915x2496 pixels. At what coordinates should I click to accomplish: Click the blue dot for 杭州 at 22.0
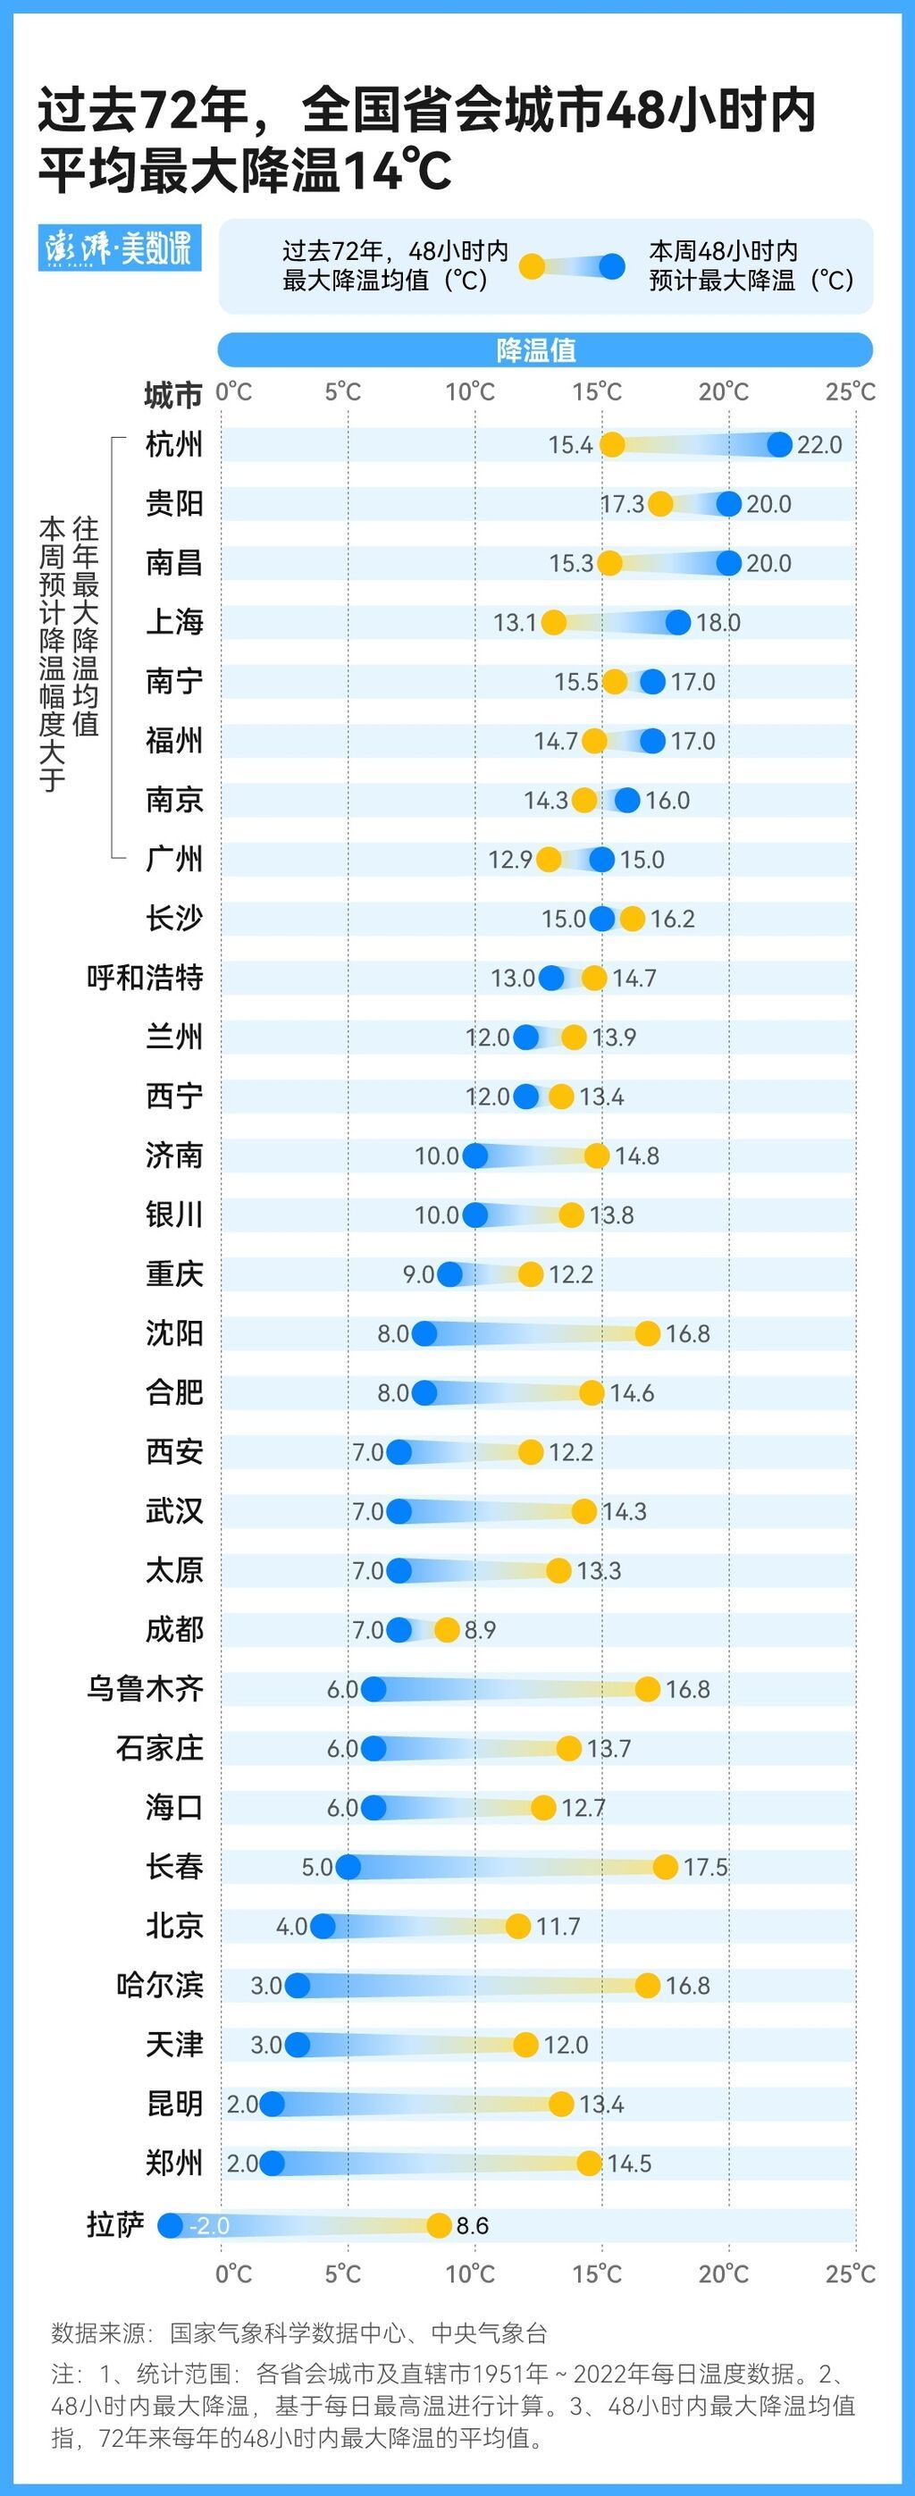point(779,444)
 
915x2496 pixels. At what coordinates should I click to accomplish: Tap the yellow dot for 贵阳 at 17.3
point(660,503)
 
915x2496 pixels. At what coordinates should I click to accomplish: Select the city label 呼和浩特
point(146,977)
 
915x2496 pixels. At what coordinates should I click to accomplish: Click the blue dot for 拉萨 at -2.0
point(171,2224)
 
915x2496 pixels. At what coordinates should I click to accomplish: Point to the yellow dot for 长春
point(665,1866)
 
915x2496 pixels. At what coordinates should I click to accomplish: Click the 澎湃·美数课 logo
point(119,248)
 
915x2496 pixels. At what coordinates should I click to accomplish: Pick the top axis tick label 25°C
point(850,391)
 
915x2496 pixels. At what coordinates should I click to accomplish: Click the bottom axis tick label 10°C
point(470,2273)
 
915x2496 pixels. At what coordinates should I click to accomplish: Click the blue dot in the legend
point(611,265)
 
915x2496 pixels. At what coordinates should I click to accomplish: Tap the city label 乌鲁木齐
point(146,1688)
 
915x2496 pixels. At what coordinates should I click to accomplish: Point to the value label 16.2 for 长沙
point(673,919)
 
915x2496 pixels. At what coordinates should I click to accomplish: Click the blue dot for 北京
point(323,1925)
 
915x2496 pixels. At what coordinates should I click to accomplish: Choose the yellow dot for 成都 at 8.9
point(447,1630)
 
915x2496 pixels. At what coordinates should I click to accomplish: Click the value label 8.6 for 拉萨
point(472,2225)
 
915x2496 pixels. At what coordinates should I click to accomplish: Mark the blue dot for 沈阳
point(424,1333)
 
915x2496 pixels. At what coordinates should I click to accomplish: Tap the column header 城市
point(172,394)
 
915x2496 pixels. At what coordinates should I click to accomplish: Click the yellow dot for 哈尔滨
point(648,1985)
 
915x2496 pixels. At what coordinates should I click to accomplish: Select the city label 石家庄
point(160,1747)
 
